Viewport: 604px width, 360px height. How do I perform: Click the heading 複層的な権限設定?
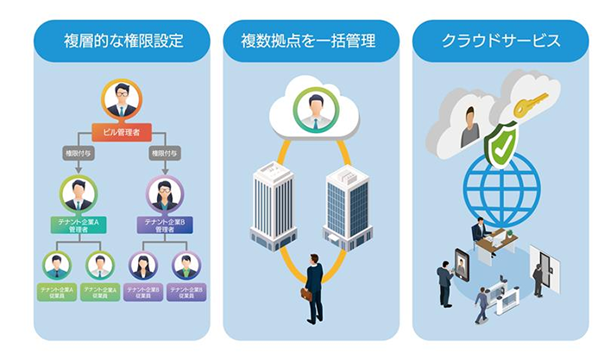122,41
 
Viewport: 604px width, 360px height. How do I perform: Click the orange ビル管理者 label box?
122,132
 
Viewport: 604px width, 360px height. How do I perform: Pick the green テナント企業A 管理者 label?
79,225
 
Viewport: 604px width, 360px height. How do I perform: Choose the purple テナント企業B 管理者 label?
164,225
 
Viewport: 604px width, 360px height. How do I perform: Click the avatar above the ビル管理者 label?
122,99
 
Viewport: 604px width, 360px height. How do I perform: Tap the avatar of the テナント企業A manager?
79,193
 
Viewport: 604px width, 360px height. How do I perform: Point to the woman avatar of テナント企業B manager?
164,193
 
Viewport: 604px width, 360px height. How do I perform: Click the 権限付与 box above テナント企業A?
79,155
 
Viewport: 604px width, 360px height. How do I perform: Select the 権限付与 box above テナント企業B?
164,155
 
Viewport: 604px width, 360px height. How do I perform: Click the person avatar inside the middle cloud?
311,109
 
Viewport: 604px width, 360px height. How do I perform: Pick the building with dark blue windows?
347,205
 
